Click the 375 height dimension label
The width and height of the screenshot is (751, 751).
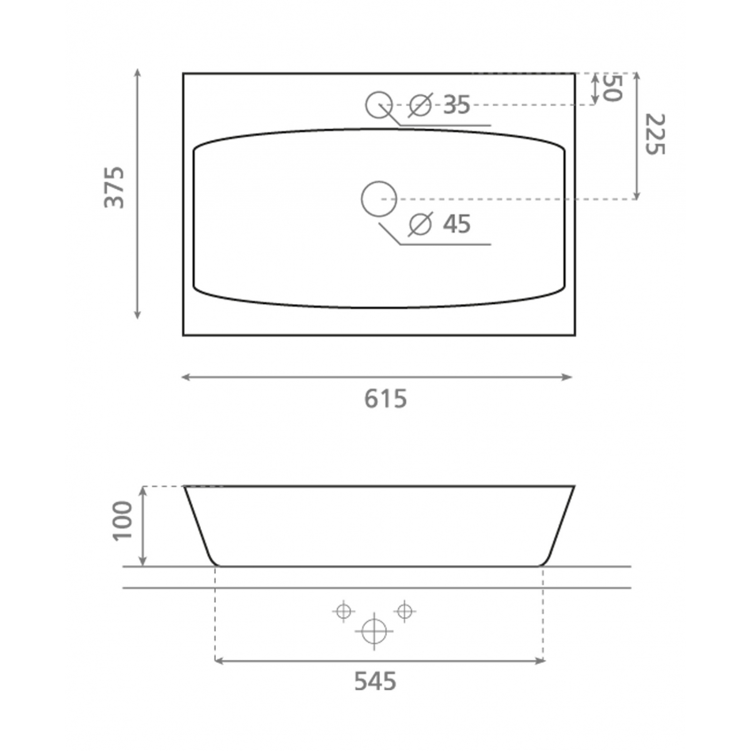click(x=115, y=187)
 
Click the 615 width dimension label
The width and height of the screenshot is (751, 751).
click(x=386, y=399)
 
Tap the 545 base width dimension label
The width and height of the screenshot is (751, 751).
click(x=375, y=681)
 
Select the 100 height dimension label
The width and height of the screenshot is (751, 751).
click(x=123, y=521)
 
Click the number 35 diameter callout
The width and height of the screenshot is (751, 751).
click(x=456, y=105)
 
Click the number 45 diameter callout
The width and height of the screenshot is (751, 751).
click(x=457, y=223)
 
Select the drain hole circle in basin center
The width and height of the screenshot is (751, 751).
click(x=379, y=199)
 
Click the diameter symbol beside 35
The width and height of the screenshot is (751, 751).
click(x=420, y=105)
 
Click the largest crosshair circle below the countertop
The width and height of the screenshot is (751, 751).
click(x=374, y=631)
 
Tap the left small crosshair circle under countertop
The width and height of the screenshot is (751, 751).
click(x=344, y=611)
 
